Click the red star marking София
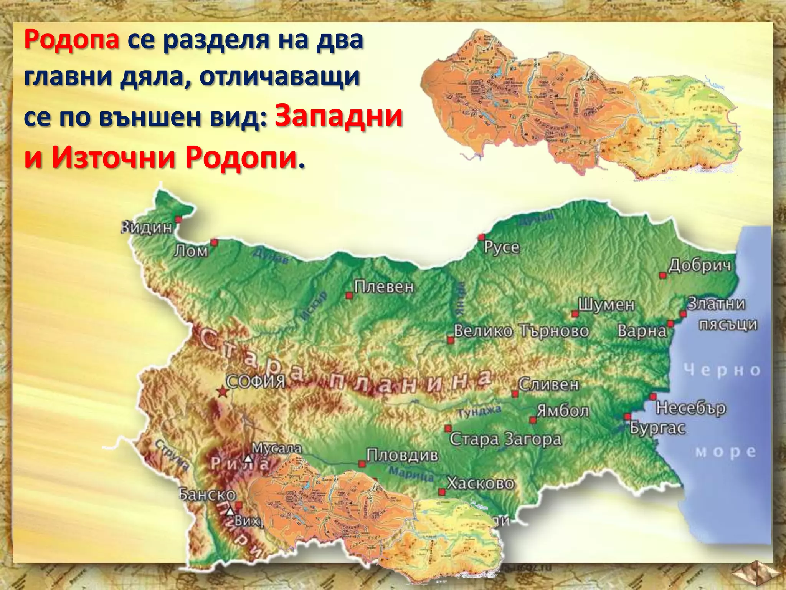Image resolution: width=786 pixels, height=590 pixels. click(x=222, y=392)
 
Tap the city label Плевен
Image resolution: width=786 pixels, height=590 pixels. click(x=384, y=287)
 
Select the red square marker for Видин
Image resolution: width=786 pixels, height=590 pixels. click(x=178, y=219)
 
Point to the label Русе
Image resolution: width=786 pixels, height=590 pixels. click(x=502, y=247)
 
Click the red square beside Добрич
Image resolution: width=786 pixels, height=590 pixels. click(x=662, y=275)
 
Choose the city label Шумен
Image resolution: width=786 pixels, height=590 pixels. click(x=606, y=305)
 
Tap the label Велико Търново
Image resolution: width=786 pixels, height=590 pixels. click(x=521, y=331)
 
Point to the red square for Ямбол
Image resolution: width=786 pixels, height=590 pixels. click(x=533, y=420)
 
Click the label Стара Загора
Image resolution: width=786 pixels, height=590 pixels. click(x=505, y=439)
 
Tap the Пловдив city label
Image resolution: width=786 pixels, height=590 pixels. click(x=402, y=456)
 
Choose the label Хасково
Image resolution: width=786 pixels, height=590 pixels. click(x=481, y=483)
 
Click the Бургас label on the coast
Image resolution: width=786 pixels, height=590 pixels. click(x=657, y=428)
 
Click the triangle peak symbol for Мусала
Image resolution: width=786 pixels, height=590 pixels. click(x=249, y=459)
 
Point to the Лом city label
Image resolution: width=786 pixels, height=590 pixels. click(x=191, y=251)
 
